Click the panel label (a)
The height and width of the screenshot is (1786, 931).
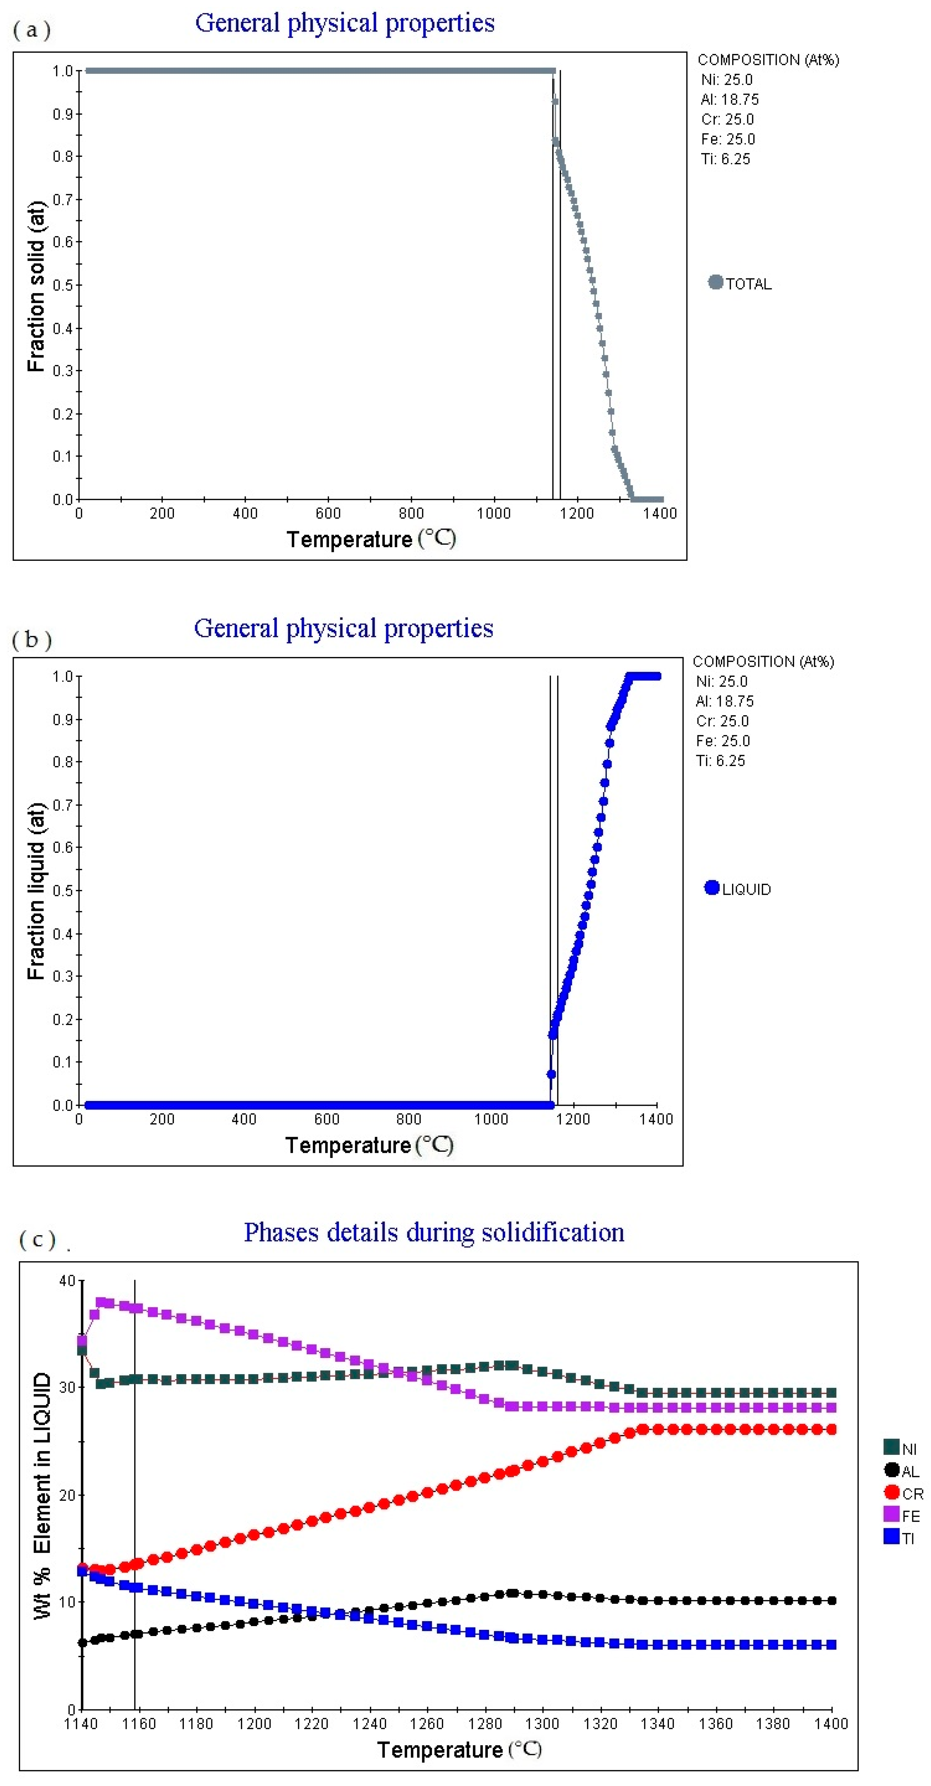[x=31, y=30]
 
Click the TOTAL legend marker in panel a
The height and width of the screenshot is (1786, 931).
[x=716, y=282]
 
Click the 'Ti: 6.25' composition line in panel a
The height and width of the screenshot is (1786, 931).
[x=725, y=159]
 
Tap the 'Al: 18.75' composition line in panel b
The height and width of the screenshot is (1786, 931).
[x=724, y=701]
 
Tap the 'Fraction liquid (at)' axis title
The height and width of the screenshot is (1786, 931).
[x=36, y=891]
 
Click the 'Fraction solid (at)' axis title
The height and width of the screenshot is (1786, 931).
[x=36, y=286]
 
